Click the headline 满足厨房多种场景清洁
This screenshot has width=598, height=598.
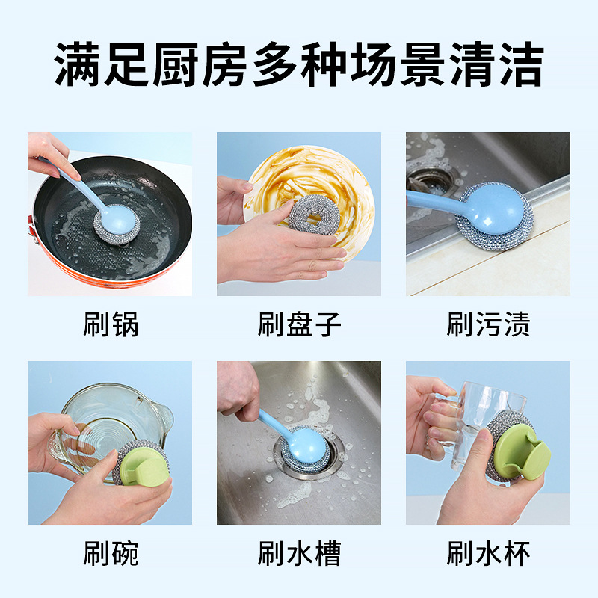299,65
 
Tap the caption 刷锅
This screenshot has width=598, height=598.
110,324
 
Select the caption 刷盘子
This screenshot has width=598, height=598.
299,324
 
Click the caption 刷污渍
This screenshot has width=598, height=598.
488,324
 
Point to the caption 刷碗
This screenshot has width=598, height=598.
110,554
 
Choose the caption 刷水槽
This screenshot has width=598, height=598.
299,554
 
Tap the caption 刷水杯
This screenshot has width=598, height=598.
488,554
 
